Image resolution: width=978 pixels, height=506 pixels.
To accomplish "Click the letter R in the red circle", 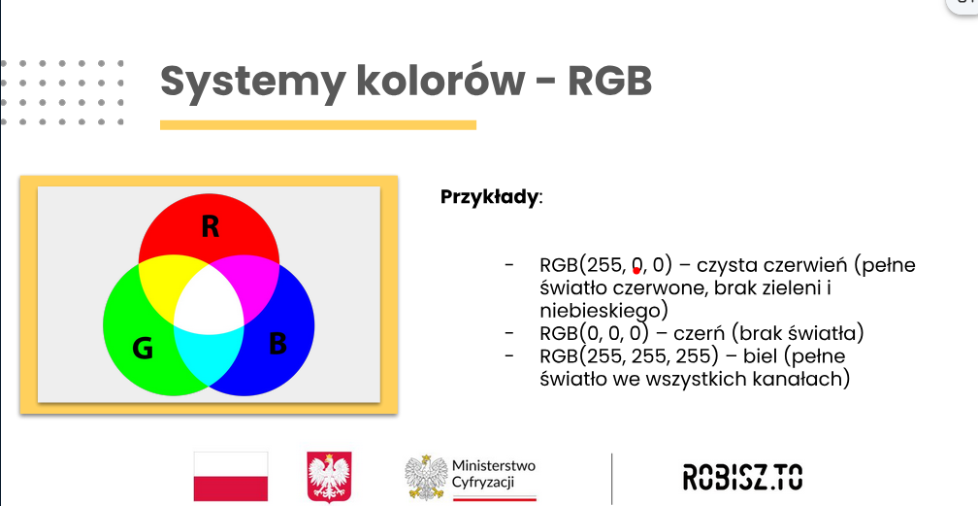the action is click(211, 226).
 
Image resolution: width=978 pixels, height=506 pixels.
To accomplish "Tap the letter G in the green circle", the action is click(143, 348).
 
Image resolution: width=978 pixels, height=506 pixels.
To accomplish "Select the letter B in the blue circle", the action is click(277, 344).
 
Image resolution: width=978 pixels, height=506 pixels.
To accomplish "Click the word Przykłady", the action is click(488, 197).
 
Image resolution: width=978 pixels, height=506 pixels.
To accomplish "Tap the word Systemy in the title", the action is click(252, 82).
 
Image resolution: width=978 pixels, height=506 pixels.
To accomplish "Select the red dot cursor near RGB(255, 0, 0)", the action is click(636, 271).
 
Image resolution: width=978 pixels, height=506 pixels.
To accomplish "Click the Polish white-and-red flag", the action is click(231, 476).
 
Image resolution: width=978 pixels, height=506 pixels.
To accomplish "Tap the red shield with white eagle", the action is click(329, 477).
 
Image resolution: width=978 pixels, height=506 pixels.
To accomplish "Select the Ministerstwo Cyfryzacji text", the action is click(493, 474).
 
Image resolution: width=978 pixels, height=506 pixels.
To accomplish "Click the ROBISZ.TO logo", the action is click(742, 477).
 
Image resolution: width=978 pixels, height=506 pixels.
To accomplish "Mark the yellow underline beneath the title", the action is click(318, 125).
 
